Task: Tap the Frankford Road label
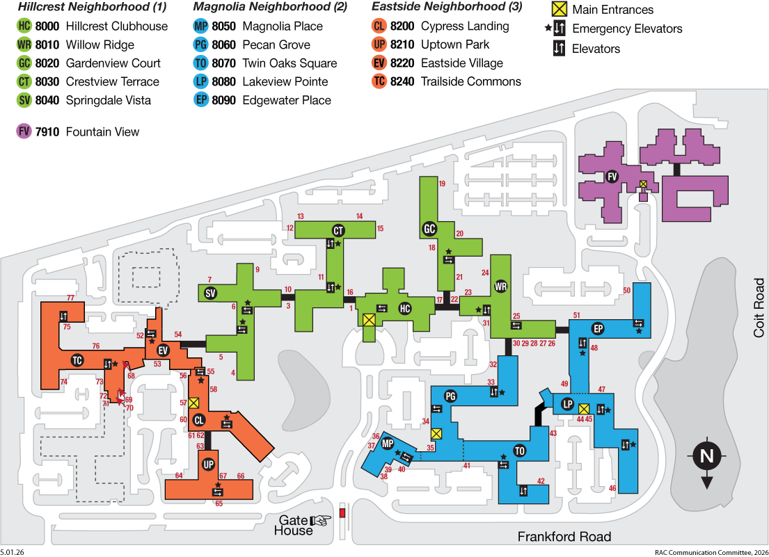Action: click(x=564, y=537)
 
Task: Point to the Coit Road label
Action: click(x=759, y=307)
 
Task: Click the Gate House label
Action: click(x=293, y=525)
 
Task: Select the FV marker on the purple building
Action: click(x=612, y=177)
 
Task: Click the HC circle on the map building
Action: click(x=404, y=309)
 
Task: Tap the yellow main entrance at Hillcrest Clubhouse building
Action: click(x=369, y=321)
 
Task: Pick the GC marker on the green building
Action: click(x=429, y=229)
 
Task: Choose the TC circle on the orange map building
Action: click(x=77, y=361)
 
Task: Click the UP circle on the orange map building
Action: click(x=209, y=465)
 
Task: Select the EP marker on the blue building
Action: click(x=598, y=329)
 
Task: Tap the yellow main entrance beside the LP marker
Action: click(x=584, y=409)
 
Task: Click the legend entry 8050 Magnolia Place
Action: click(x=258, y=26)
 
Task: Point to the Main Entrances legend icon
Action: click(x=559, y=9)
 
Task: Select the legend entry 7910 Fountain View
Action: click(x=78, y=131)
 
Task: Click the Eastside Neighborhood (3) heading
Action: click(x=447, y=6)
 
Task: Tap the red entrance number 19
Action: click(x=442, y=184)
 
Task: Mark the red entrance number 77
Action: click(x=70, y=298)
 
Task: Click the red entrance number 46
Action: click(x=612, y=488)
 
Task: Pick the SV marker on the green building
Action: click(x=210, y=293)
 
